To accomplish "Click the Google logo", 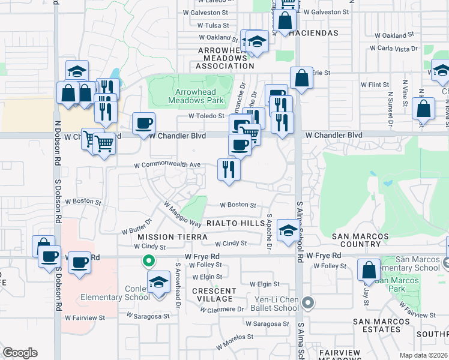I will pos(20,353).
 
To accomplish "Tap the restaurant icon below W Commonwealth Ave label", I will pos(229,169).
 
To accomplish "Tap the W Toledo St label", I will pos(206,116).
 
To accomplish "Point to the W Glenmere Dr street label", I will pos(223,309).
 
